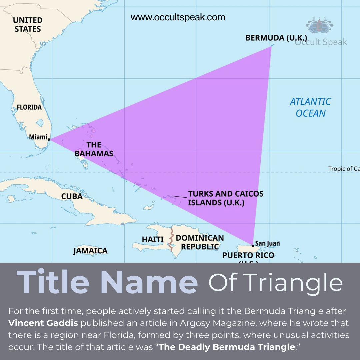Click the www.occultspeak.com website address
(178, 17)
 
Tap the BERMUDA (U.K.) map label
(276, 38)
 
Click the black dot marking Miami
(49, 139)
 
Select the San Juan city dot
(253, 246)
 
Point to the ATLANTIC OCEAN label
(310, 107)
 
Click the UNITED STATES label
(28, 25)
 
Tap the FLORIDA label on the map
(29, 107)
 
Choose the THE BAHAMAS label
(94, 149)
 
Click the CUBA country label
(72, 196)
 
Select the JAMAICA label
(90, 251)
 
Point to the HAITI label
(153, 239)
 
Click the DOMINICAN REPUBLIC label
(200, 242)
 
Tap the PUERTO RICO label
(248, 256)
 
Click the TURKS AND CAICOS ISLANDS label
(226, 198)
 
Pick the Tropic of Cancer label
(344, 169)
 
